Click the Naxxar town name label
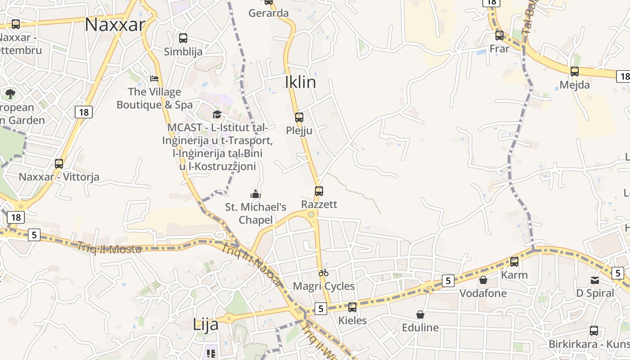(115, 24)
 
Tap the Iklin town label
(300, 82)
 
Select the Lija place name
(206, 324)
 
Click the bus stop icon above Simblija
(183, 38)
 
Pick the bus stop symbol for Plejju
(299, 117)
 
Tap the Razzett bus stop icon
(319, 191)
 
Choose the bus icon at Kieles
(352, 307)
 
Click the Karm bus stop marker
(514, 261)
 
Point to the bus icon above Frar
(499, 35)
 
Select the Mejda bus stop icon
(575, 71)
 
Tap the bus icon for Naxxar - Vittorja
(59, 164)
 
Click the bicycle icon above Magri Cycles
(323, 273)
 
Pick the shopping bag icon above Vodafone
(483, 280)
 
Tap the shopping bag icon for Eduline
(420, 314)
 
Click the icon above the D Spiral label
(595, 280)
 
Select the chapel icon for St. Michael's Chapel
(256, 194)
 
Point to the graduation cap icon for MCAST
(217, 114)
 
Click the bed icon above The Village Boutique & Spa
(154, 79)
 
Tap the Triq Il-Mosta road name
(109, 248)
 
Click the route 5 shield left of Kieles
(320, 309)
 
